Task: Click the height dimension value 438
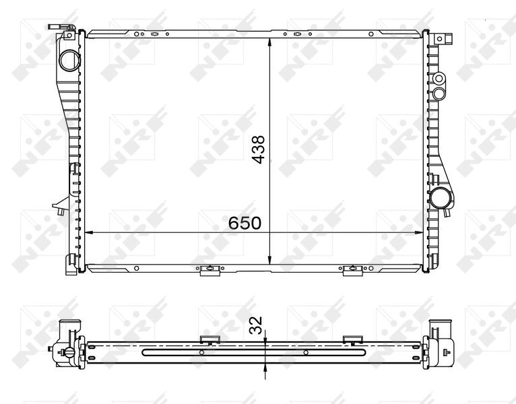[258, 149]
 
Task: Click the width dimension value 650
[245, 223]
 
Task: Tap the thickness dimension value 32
[256, 325]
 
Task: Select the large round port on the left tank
[70, 60]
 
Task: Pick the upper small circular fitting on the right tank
[439, 79]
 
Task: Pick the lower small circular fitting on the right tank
[439, 94]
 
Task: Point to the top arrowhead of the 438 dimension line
[270, 43]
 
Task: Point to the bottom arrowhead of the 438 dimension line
[270, 259]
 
